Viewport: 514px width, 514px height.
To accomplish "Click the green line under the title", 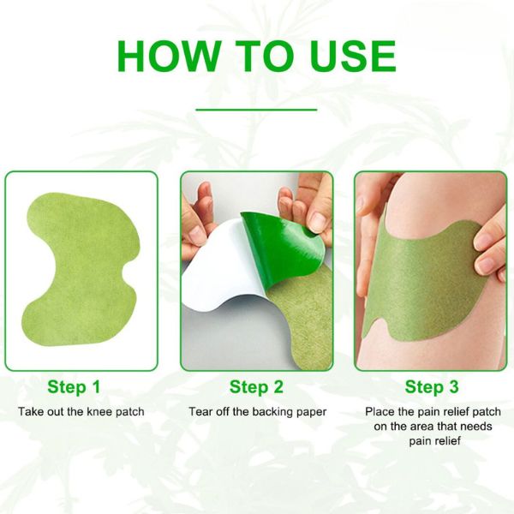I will [256, 110].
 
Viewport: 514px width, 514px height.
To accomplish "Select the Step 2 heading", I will [256, 387].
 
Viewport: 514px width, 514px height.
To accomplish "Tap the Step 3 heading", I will [431, 387].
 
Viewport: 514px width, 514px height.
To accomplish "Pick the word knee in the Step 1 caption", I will [99, 412].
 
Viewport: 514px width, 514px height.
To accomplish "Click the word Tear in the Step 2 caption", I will [200, 412].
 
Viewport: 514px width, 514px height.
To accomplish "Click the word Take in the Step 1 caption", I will [31, 412].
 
